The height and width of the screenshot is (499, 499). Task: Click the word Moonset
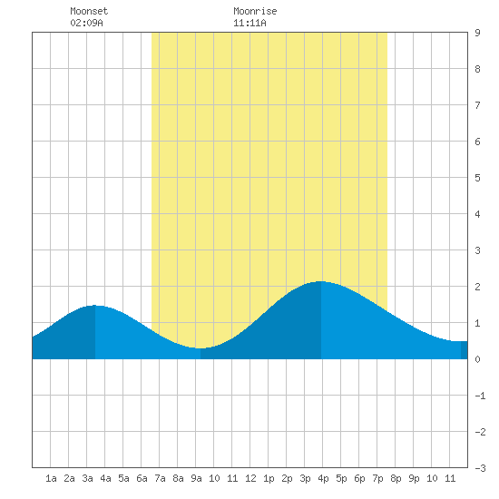coord(89,11)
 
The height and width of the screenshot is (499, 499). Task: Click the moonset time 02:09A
coord(86,23)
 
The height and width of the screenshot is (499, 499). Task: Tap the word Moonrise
coord(255,11)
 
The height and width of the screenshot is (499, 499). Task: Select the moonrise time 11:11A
coord(249,23)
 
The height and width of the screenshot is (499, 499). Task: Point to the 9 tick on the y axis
coord(477,33)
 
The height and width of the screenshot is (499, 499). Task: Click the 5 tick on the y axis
coord(477,178)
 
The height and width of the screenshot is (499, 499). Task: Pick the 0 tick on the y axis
coord(477,359)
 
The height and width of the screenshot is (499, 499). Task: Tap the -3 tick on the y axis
coord(480,468)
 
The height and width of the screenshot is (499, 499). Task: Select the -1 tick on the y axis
coord(480,396)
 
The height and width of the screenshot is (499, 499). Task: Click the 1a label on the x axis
coord(51,478)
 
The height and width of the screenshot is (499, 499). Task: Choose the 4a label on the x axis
coord(105,478)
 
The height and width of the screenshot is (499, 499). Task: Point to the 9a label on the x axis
coord(196,478)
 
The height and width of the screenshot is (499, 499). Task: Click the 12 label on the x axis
coord(250,478)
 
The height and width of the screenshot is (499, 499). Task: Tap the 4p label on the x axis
coord(323,478)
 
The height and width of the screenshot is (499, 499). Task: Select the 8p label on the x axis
coord(396,478)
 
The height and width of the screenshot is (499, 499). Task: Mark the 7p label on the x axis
coord(377,478)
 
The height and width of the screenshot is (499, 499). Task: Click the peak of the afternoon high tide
coord(321,281)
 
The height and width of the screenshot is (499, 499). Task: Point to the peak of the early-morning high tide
coord(95,305)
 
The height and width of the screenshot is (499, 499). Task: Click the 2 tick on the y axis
coord(477,287)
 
